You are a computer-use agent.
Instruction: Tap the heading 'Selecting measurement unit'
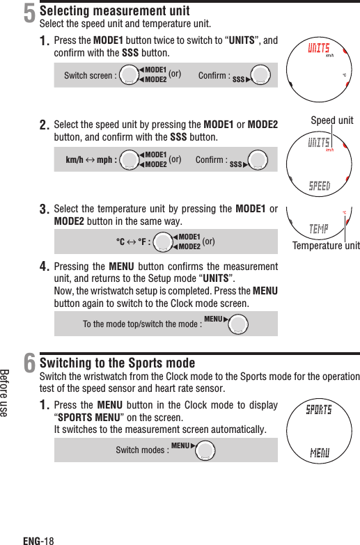[115, 11]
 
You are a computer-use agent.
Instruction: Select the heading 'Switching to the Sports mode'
[118, 363]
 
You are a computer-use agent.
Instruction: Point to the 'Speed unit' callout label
[333, 120]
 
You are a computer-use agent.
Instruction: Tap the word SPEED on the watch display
[319, 187]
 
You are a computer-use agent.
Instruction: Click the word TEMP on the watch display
[319, 228]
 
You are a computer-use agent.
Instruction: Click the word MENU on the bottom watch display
[319, 454]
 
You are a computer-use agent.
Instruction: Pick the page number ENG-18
[38, 539]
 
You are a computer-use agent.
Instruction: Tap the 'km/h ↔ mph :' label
[91, 159]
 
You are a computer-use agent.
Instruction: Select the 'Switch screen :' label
[89, 76]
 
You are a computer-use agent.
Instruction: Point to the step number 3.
[45, 209]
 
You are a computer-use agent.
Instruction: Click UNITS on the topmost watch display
[319, 47]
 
